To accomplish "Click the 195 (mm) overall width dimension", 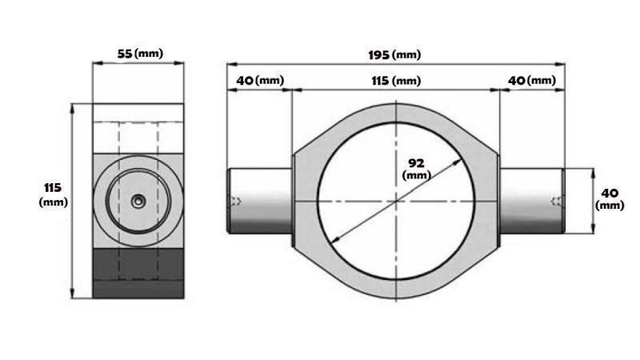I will (394, 54).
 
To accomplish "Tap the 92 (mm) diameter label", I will (416, 168).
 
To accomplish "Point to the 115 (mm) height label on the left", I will (53, 194).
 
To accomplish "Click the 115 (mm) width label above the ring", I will (395, 81).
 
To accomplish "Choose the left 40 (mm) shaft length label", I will (259, 81).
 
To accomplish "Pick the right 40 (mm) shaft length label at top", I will (532, 81).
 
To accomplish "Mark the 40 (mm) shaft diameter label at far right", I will (610, 198).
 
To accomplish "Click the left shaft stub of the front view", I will (260, 201).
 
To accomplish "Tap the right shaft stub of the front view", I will (532, 201).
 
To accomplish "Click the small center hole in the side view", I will (138, 202).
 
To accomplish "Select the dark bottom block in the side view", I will (138, 273).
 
